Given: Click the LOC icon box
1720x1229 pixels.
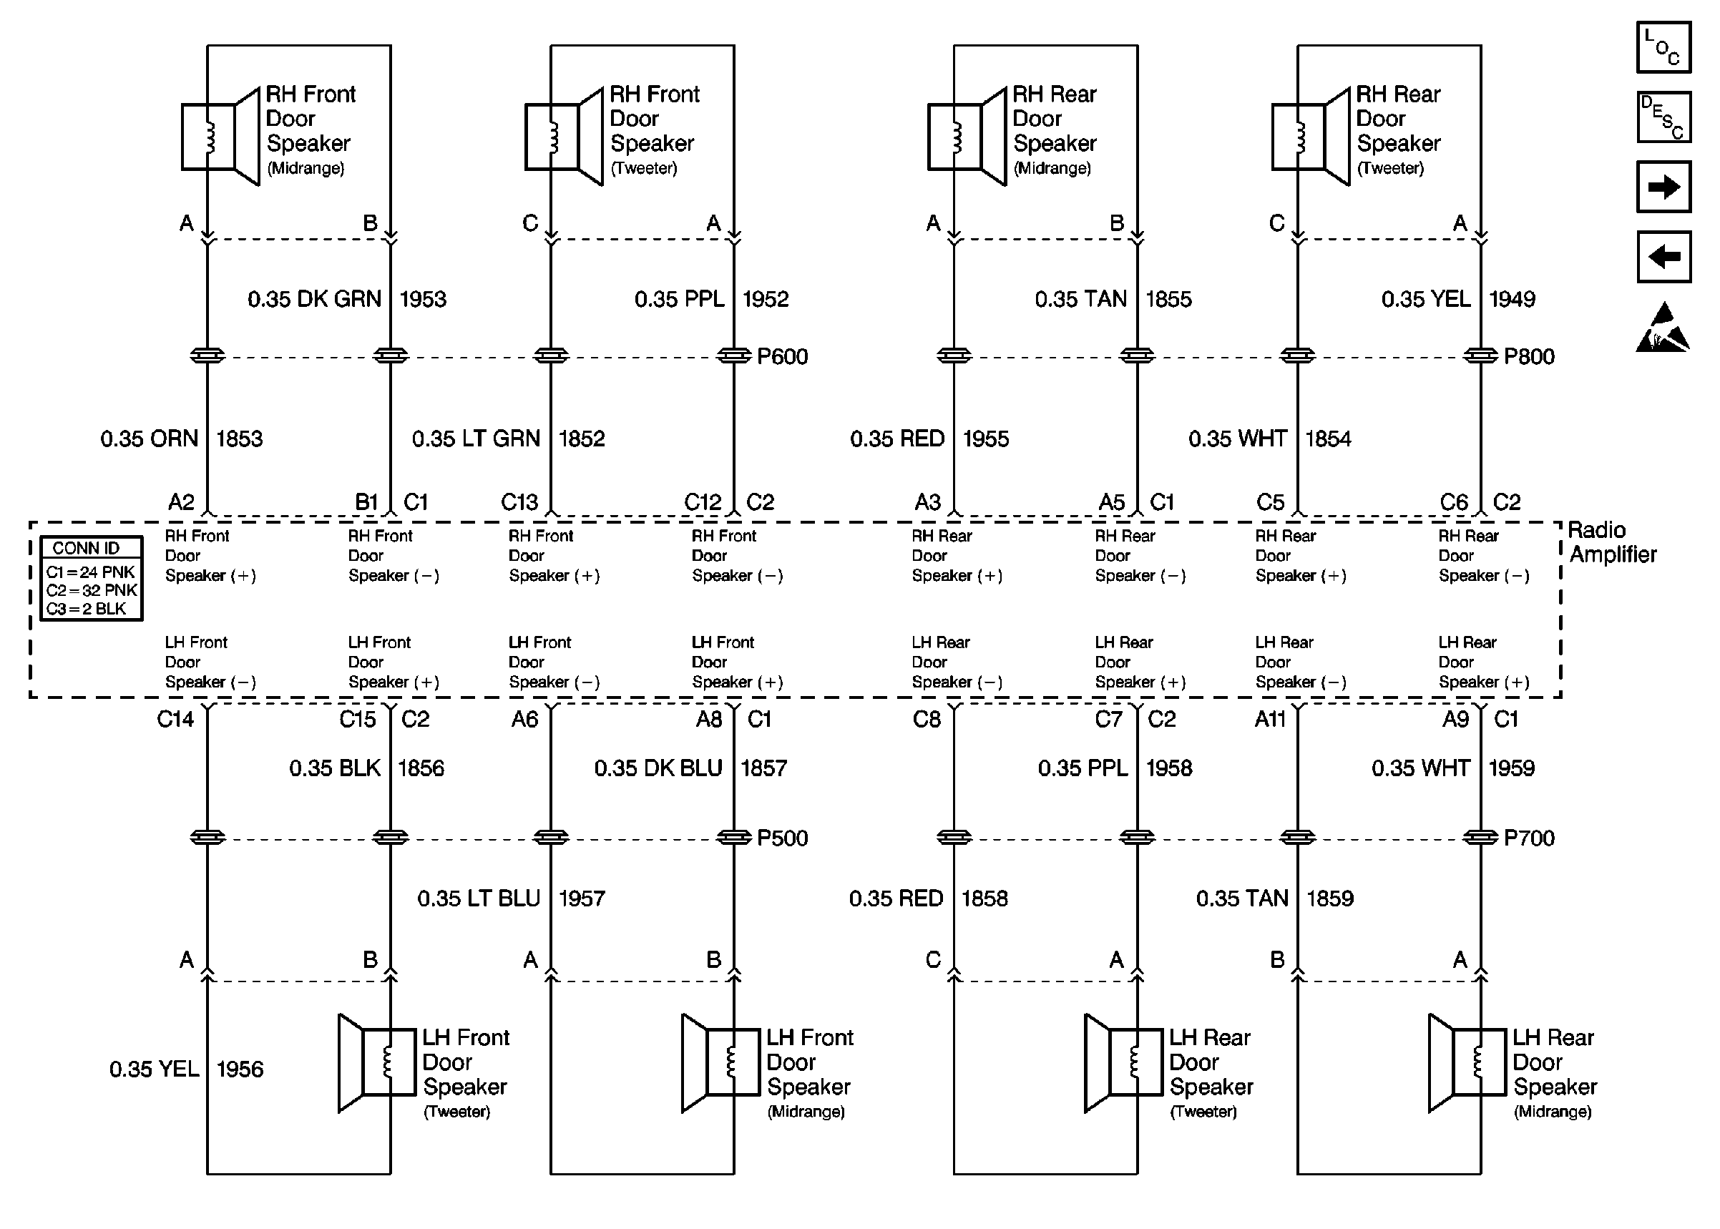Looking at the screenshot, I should (1663, 47).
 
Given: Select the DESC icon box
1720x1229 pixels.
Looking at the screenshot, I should (1663, 117).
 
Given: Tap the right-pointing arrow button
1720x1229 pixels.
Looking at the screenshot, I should (1663, 187).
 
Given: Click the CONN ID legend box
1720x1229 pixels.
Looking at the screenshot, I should (91, 579).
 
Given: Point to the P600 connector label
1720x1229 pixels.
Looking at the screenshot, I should (782, 356).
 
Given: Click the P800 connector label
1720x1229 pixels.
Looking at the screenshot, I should (1528, 356).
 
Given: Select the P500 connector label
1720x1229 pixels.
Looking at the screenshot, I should (782, 838).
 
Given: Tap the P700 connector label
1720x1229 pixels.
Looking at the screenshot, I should (1528, 838).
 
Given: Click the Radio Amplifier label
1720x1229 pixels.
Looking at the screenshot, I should (1612, 542).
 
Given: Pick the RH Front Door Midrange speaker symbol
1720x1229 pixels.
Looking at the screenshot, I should (220, 137).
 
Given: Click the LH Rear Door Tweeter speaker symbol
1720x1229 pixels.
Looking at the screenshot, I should (1123, 1062).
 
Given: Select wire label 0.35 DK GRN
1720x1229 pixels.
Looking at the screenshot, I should (314, 299).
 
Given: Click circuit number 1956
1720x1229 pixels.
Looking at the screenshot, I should (240, 1069).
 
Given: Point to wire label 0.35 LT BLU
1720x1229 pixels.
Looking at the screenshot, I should (478, 899).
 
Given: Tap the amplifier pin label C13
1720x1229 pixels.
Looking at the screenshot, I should (520, 502).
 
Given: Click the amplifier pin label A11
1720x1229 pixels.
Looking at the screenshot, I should (1270, 719).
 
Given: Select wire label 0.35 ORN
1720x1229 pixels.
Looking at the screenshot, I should (149, 439).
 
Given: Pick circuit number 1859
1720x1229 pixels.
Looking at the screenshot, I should (1329, 899).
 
